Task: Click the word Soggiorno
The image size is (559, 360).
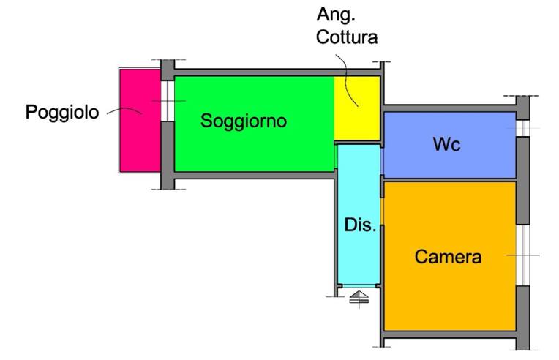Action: tap(244, 121)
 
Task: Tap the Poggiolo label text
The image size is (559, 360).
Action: tap(62, 113)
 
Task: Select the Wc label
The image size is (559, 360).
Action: tap(447, 144)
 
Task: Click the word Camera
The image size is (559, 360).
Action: tap(448, 257)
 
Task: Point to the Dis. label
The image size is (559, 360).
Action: tap(360, 225)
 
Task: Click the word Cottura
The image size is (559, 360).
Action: tap(347, 37)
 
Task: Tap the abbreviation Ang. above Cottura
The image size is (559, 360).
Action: tap(336, 15)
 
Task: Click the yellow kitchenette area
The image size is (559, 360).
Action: tap(357, 108)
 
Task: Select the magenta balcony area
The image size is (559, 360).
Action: tap(140, 121)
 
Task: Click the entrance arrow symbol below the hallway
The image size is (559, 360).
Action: tap(359, 299)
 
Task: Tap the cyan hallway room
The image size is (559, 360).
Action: tap(359, 214)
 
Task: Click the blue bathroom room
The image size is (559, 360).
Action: tap(450, 145)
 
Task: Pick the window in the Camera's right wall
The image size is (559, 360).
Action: tap(523, 255)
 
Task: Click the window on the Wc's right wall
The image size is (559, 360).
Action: tap(523, 128)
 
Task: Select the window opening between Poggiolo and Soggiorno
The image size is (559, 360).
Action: tap(168, 101)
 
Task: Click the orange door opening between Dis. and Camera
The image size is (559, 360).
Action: tap(382, 211)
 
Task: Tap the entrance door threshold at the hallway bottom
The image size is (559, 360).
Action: tap(359, 286)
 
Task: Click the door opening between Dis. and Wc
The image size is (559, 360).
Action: tap(382, 162)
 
